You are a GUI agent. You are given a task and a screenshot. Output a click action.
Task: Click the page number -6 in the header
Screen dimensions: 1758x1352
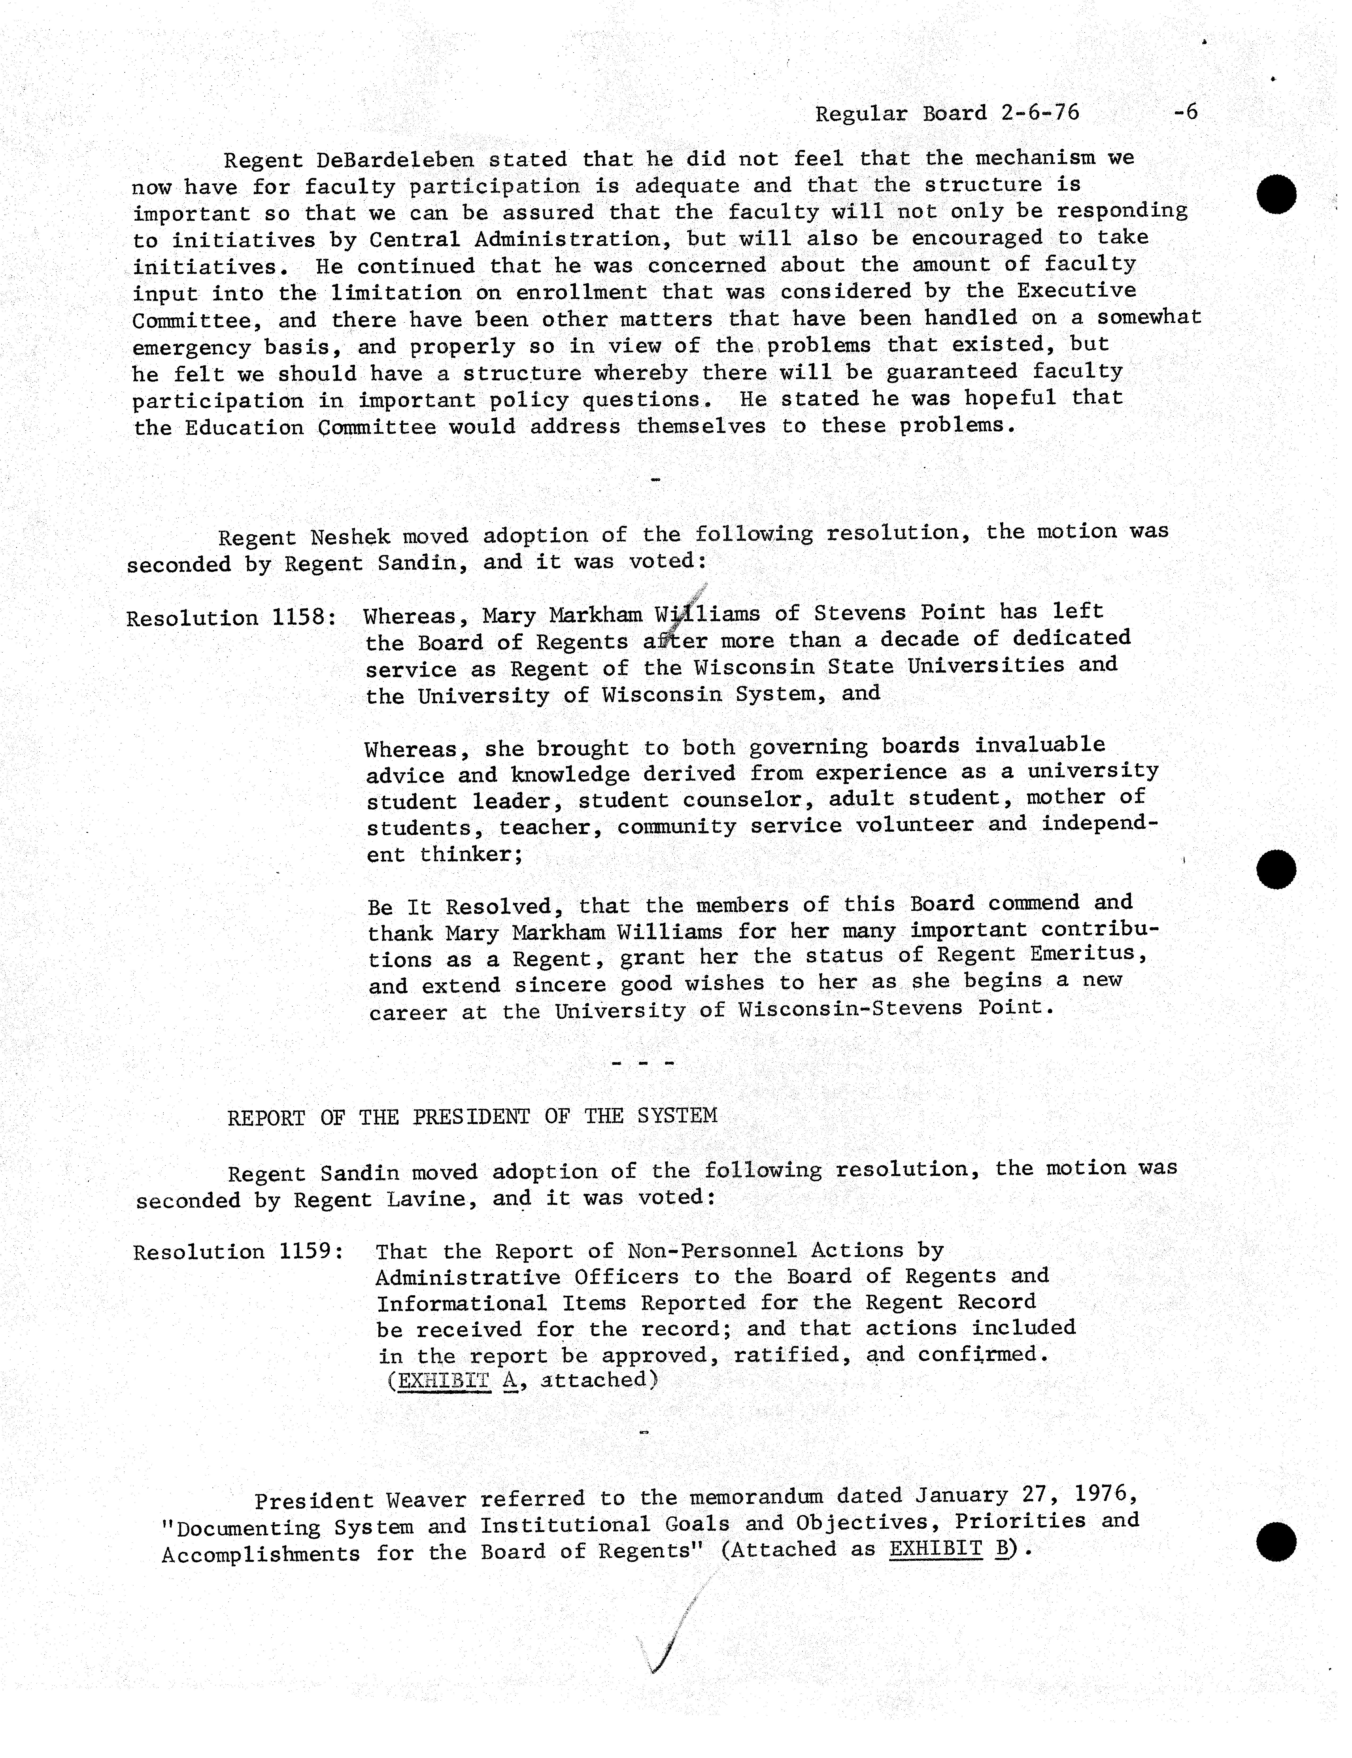[x=1185, y=112]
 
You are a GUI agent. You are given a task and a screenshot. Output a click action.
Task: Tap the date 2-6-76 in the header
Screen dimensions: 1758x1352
[x=1040, y=113]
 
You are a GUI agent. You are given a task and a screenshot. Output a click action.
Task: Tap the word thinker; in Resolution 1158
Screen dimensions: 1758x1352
[x=471, y=853]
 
